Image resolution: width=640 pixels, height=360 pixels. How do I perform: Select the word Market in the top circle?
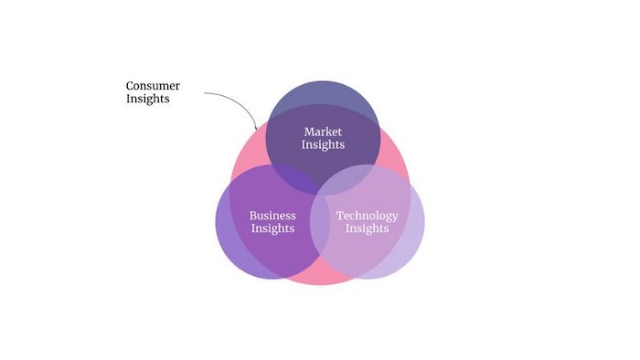click(323, 132)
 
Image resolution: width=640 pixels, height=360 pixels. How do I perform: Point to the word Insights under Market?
click(323, 145)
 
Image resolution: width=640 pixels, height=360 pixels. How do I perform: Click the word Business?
click(272, 216)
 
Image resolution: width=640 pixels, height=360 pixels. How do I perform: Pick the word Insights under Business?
click(272, 228)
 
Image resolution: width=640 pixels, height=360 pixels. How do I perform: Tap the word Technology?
click(367, 216)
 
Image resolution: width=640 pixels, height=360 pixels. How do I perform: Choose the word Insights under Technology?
click(367, 228)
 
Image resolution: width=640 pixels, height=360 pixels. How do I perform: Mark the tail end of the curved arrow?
click(205, 93)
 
